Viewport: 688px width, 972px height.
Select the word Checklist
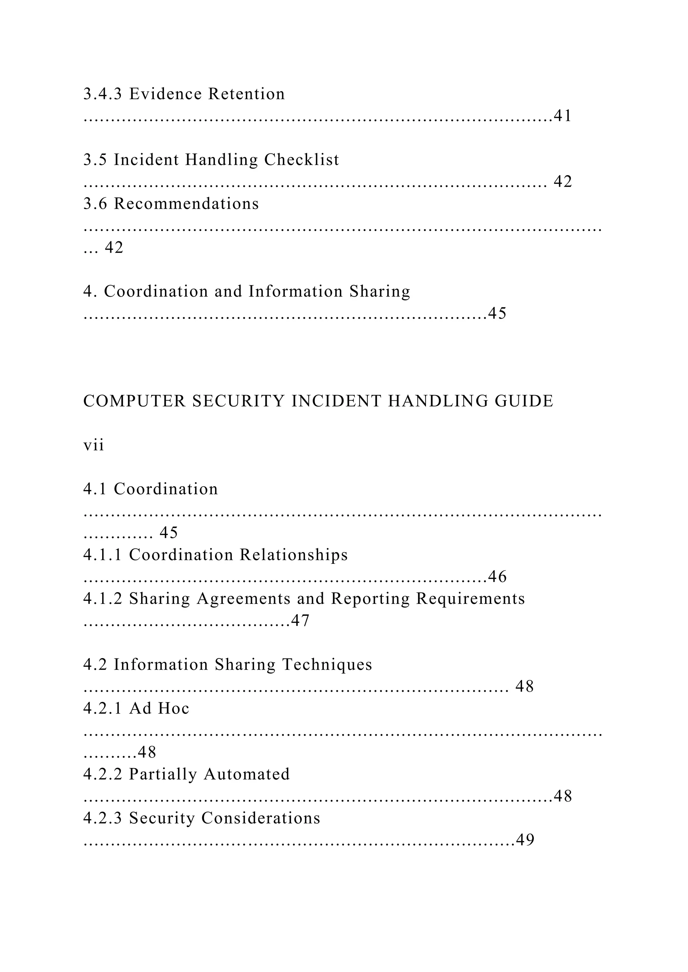tap(302, 160)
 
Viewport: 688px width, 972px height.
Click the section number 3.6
tap(95, 204)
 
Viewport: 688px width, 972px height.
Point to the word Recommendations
tap(186, 204)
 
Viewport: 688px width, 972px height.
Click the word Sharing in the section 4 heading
tap(380, 292)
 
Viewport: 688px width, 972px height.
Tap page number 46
tap(498, 577)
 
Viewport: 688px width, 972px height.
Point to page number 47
tap(300, 621)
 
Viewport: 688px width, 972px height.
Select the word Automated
tap(247, 774)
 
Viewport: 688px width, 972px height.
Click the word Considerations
tap(261, 818)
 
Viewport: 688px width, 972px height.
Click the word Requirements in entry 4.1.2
tap(470, 599)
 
